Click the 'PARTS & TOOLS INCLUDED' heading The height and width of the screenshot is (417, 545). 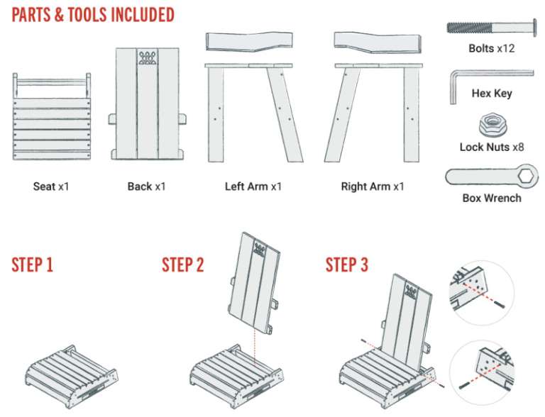point(93,15)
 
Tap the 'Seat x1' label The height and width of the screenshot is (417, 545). point(51,187)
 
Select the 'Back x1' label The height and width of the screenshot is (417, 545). point(146,187)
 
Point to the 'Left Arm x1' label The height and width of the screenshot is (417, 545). point(253,187)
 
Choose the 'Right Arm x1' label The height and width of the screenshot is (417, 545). point(373,187)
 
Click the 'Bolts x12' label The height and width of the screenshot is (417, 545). point(491,48)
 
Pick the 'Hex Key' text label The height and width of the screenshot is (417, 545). point(491,93)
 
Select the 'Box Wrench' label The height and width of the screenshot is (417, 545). point(491,198)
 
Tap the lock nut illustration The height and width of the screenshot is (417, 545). point(490,126)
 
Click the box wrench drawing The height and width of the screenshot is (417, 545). point(490,175)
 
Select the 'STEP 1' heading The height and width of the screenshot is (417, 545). point(32,265)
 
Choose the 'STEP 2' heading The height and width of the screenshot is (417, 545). point(183,265)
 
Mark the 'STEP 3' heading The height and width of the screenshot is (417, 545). point(347,265)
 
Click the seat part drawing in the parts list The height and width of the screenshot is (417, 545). point(50,117)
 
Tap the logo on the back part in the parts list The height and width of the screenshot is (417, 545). point(147,57)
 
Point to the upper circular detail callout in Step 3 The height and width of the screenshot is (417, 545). point(482,291)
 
